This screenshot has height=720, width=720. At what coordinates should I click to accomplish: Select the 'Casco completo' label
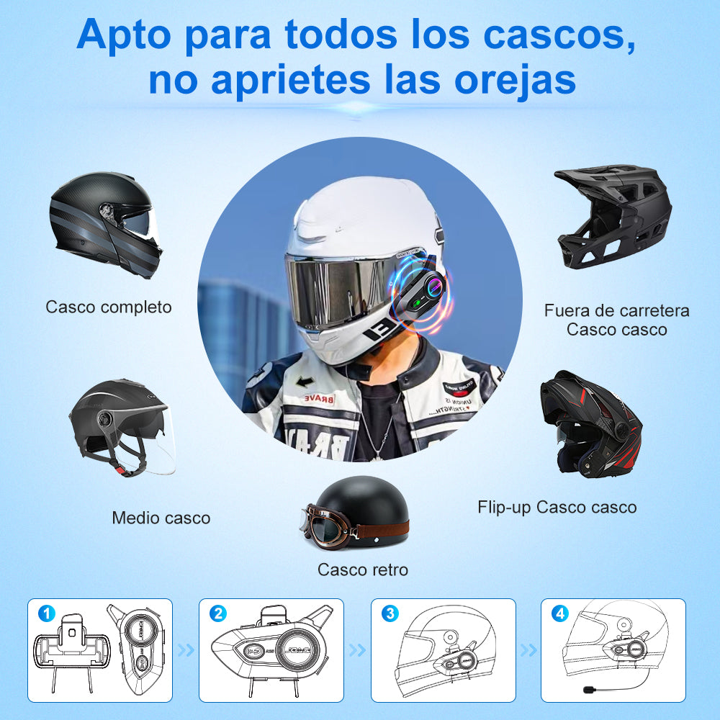tap(109, 307)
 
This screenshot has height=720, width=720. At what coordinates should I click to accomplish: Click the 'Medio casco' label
tap(161, 518)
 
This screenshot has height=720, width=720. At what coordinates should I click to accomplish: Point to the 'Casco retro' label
tap(363, 570)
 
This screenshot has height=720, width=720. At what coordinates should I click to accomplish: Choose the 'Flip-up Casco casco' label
tap(557, 507)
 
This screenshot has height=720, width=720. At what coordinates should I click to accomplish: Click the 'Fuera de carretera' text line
tap(616, 311)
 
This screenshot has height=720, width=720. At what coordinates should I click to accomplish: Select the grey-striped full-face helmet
tap(105, 223)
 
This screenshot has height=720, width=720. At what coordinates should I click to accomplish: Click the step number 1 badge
tap(47, 614)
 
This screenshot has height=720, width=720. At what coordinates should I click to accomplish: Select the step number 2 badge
tap(217, 614)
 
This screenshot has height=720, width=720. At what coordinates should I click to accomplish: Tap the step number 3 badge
tap(390, 614)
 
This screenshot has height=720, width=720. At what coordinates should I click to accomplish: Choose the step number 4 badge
tap(559, 614)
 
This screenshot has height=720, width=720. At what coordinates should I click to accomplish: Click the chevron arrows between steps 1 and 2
tap(186, 651)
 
